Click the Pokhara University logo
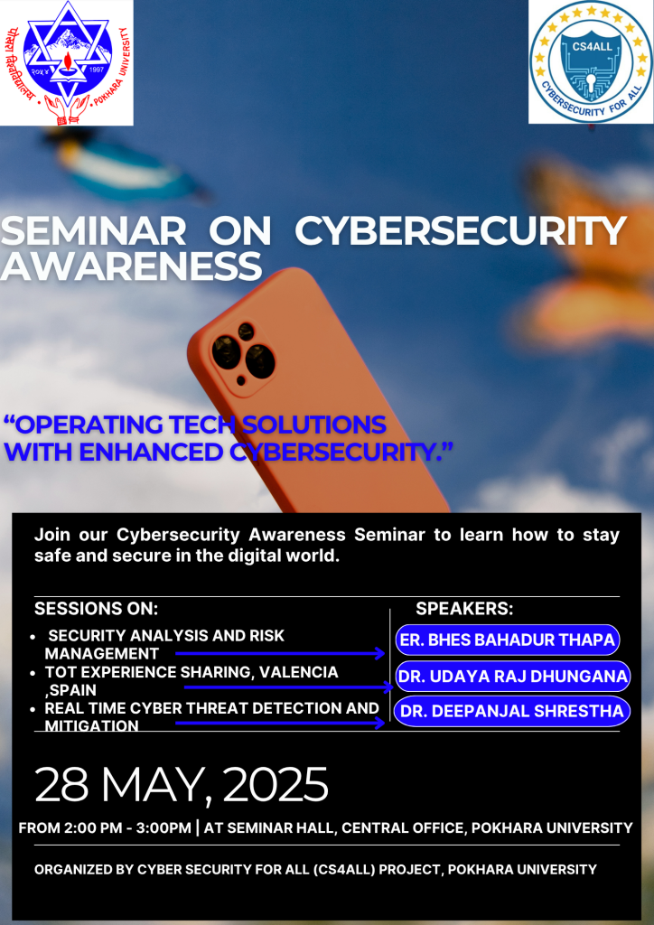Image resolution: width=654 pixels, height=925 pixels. (x=66, y=62)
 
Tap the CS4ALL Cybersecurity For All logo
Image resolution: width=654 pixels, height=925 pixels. (x=590, y=62)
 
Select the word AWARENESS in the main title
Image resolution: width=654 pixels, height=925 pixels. (x=132, y=266)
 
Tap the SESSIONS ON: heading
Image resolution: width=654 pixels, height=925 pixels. (x=97, y=609)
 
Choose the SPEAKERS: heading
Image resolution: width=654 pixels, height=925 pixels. (x=464, y=609)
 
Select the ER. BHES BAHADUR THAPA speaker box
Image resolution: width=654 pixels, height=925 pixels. (x=507, y=641)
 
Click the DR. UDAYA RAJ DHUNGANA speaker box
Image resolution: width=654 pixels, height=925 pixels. (x=512, y=677)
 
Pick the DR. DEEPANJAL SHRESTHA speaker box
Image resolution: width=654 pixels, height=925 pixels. (x=512, y=711)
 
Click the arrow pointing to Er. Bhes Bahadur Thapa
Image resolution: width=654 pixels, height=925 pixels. (x=280, y=652)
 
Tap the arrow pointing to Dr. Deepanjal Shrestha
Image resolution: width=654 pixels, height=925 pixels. (x=280, y=724)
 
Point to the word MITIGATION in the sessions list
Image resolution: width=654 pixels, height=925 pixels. (x=92, y=725)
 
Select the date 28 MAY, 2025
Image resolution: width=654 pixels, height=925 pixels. (x=182, y=784)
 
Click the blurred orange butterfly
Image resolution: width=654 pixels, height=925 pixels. (x=587, y=253)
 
